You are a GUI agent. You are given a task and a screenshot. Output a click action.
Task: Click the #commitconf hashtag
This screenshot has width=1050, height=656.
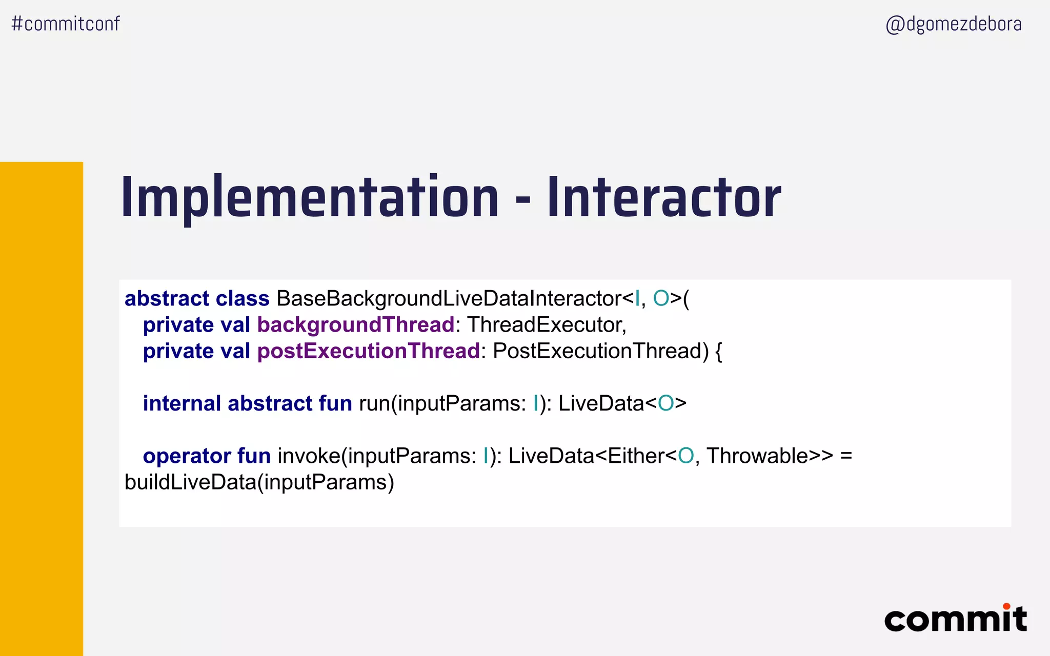tap(66, 24)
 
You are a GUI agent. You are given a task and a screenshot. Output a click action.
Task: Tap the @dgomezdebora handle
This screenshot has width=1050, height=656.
tap(953, 24)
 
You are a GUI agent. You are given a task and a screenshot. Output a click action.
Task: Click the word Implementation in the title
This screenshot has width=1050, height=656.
tap(310, 198)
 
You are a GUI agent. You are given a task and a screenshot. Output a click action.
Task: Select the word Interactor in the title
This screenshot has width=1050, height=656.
tap(664, 198)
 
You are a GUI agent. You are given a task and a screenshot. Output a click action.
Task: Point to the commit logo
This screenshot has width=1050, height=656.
tap(955, 619)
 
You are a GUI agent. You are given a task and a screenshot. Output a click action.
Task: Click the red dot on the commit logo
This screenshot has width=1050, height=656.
tap(1006, 606)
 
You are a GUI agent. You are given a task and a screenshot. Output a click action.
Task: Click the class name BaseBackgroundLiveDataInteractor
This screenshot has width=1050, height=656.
tap(449, 298)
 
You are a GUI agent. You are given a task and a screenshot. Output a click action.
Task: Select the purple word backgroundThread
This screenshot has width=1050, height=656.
tap(356, 325)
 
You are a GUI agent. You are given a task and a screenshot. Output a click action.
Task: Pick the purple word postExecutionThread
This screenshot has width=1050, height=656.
tap(368, 351)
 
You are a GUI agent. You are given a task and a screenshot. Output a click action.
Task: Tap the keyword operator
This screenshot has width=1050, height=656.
tap(187, 456)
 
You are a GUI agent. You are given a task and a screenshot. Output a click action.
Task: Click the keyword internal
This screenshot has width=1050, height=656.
tap(182, 403)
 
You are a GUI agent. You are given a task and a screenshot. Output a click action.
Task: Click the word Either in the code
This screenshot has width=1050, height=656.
tap(636, 456)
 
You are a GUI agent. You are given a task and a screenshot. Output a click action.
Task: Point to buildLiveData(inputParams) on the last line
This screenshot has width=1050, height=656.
tap(259, 482)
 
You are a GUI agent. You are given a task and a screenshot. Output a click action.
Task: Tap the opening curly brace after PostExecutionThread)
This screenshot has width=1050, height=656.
tap(718, 352)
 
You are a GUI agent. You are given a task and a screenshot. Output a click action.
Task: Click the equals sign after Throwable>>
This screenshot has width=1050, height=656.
tap(846, 456)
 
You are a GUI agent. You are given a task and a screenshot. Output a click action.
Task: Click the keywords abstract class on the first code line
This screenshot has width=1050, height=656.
tap(197, 298)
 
